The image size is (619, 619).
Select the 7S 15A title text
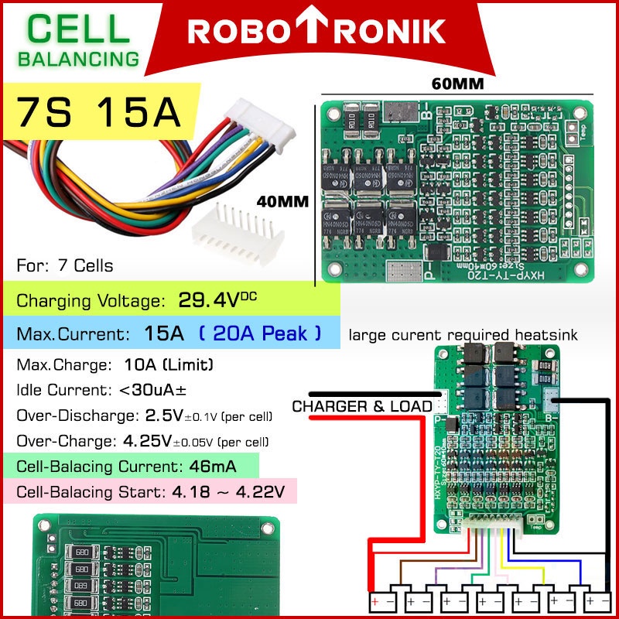(99, 111)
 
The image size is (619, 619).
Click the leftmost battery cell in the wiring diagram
(385, 600)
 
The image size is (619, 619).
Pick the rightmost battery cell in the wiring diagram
(597, 600)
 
